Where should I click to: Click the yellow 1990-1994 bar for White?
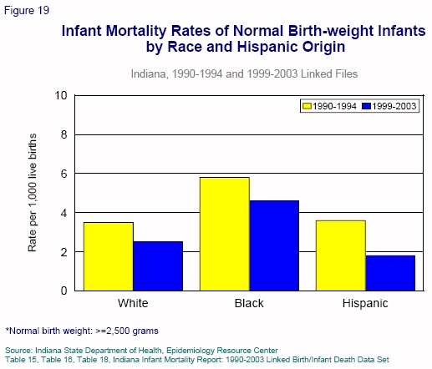[x=109, y=256]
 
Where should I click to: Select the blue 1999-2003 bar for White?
[x=158, y=266]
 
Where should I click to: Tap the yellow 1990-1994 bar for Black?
[x=225, y=234]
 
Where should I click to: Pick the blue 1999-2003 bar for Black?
[x=274, y=245]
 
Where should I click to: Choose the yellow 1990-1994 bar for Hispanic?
[x=341, y=255]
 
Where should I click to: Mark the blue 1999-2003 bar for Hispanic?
[x=390, y=273]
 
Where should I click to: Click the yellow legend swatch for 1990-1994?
[x=307, y=106]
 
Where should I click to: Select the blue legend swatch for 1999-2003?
[x=367, y=106]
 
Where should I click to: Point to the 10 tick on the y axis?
[x=61, y=95]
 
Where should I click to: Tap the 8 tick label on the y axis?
[x=64, y=134]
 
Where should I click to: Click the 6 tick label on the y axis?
[x=64, y=174]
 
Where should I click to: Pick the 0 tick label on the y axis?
[x=64, y=291]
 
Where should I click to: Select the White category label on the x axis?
[x=133, y=303]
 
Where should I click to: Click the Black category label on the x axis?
[x=249, y=303]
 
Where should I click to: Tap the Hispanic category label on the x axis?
[x=365, y=303]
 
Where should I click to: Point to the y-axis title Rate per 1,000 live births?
[x=33, y=193]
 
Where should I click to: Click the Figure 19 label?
[x=27, y=11]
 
